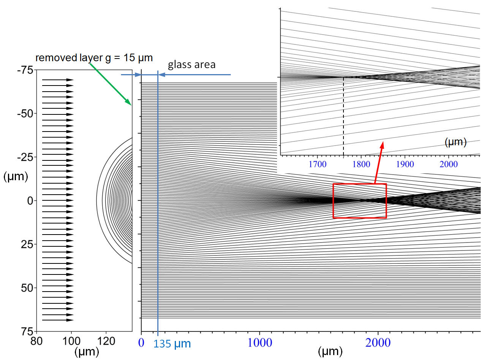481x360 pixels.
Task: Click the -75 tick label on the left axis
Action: (25, 70)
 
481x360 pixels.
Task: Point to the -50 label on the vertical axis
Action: (25, 114)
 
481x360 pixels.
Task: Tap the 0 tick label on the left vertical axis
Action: (30, 201)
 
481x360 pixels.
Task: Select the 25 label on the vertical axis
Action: (27, 244)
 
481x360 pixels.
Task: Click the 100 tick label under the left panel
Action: (71, 341)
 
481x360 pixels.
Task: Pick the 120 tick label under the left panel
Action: (106, 341)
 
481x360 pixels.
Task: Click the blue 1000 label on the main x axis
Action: (259, 343)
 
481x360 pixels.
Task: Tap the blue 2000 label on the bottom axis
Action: (378, 343)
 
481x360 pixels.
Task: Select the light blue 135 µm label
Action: (172, 344)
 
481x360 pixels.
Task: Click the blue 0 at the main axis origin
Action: (141, 343)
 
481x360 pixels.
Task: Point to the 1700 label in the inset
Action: (318, 164)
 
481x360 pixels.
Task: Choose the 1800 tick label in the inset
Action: (361, 164)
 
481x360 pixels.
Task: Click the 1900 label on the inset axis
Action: (405, 164)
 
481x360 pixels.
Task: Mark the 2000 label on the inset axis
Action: (449, 164)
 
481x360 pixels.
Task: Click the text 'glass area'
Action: (192, 65)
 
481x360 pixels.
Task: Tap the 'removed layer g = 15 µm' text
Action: (94, 58)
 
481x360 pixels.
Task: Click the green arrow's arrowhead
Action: (128, 102)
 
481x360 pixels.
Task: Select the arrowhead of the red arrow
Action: (382, 145)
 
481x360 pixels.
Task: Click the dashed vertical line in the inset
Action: (343, 117)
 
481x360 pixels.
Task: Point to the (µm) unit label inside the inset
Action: (456, 142)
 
